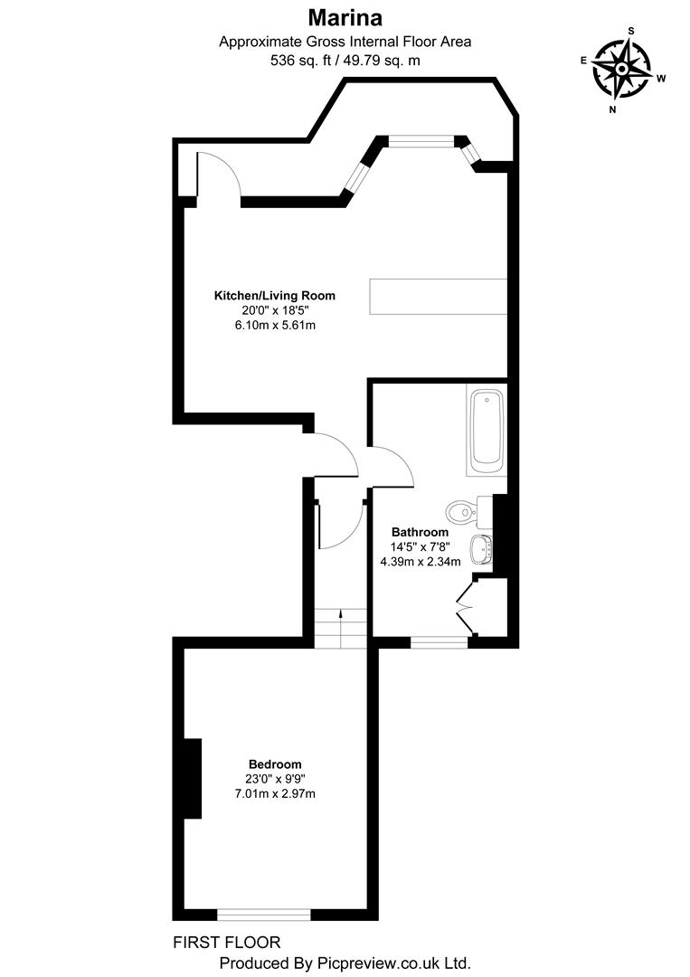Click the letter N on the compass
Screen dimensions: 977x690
[x=612, y=109]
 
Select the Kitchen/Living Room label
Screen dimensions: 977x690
[x=274, y=295]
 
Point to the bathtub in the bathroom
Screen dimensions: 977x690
[x=487, y=431]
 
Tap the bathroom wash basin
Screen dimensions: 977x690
[x=481, y=547]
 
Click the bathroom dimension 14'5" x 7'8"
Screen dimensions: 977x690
[x=420, y=546]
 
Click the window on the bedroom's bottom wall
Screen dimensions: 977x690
[x=264, y=914]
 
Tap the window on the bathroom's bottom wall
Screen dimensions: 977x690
[x=439, y=642]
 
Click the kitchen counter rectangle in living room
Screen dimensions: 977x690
[x=437, y=296]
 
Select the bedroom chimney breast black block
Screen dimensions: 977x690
[x=192, y=779]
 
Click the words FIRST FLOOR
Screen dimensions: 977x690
[x=226, y=942]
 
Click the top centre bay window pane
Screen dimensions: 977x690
[x=421, y=140]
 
